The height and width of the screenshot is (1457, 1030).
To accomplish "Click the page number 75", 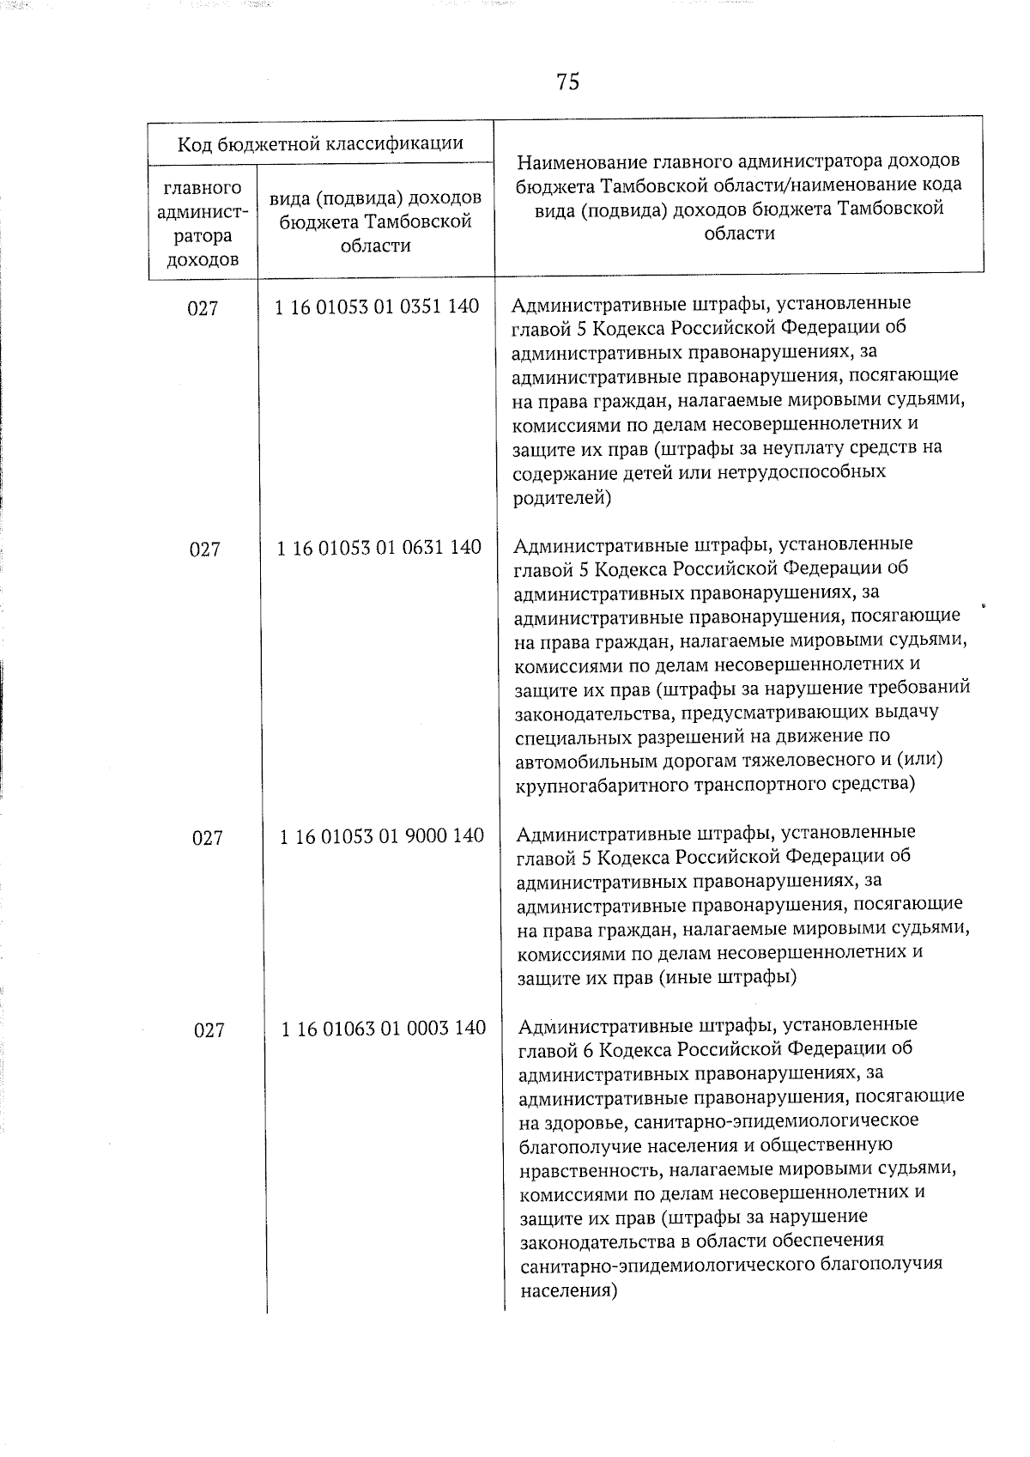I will (x=567, y=82).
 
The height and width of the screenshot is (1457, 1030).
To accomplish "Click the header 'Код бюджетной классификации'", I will (x=320, y=143).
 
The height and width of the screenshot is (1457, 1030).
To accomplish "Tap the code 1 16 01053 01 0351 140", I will (x=377, y=307).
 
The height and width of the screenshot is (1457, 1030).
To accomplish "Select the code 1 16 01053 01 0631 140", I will (x=379, y=547).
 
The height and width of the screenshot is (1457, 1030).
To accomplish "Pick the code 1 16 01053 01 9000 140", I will (x=381, y=835).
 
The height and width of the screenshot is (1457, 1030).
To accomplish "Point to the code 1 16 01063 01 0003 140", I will (x=383, y=1028).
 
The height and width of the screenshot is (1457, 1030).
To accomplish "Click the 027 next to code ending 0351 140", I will (x=203, y=308).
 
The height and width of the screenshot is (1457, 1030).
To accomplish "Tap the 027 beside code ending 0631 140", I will (x=204, y=549).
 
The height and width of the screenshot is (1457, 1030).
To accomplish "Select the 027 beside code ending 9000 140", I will (x=207, y=837).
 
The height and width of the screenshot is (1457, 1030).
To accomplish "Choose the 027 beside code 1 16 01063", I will (x=209, y=1029).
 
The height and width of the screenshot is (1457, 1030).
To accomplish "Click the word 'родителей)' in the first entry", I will (x=561, y=496).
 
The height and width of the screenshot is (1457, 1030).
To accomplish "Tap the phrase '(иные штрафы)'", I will (x=728, y=976).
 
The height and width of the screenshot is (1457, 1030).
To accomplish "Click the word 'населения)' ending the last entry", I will (x=569, y=1290).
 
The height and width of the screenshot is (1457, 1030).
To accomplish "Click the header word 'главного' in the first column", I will (x=202, y=188).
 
